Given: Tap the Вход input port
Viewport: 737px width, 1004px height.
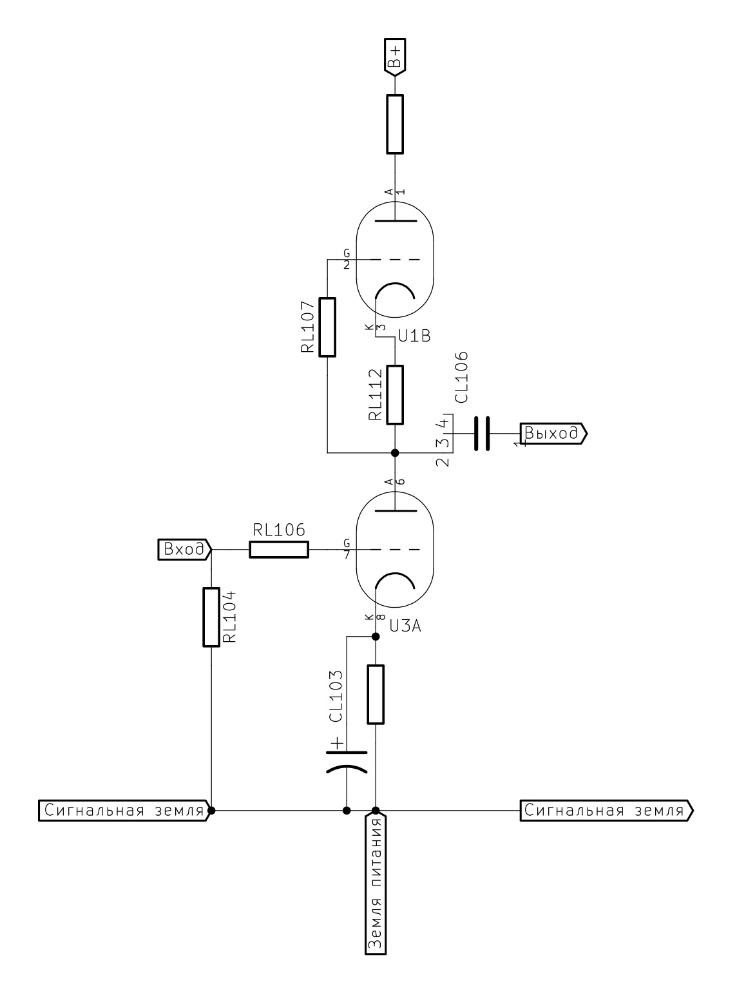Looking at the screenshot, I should coord(184,550).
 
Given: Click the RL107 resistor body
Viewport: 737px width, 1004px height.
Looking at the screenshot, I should coord(327,327).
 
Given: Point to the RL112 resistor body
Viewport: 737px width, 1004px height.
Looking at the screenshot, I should coord(395,395).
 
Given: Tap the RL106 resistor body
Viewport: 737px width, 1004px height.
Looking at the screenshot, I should coord(279,550).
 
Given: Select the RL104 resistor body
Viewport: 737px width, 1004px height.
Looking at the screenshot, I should coord(211,617).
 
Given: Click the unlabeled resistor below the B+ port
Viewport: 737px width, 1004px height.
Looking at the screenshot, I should coord(395,124).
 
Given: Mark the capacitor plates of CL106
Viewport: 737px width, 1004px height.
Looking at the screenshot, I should coord(481,433).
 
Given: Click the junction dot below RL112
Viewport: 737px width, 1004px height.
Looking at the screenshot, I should coord(395,452).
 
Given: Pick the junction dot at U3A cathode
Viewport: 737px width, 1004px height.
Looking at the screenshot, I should coord(376,637).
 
